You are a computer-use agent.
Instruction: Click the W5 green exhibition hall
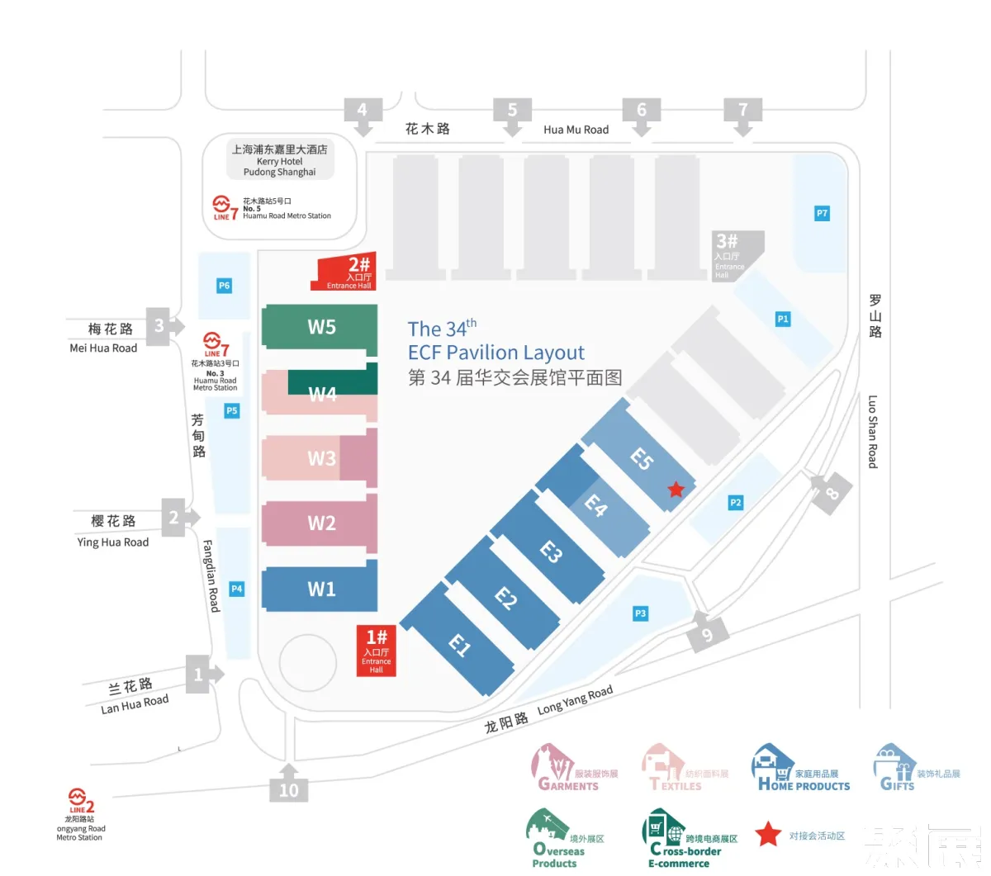coord(320,327)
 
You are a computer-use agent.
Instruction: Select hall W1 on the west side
coord(320,589)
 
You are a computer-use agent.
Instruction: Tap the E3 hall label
coord(551,552)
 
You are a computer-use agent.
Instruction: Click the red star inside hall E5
coord(676,490)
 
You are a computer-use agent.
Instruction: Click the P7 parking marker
coord(822,213)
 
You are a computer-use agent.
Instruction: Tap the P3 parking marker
coord(640,613)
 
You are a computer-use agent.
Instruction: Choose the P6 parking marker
coord(224,286)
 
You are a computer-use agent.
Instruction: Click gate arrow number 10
coord(288,785)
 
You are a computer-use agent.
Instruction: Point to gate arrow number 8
coord(829,494)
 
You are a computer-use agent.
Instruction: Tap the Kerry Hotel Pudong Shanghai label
coord(280,160)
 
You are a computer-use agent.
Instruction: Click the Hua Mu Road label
coord(576,130)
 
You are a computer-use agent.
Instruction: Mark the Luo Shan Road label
coord(873,431)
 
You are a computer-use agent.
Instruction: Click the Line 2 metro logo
coord(80,800)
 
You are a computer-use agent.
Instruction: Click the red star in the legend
coord(768,835)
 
